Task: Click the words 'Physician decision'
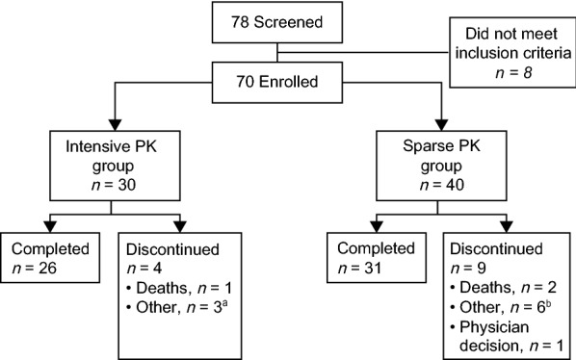(510, 332)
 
